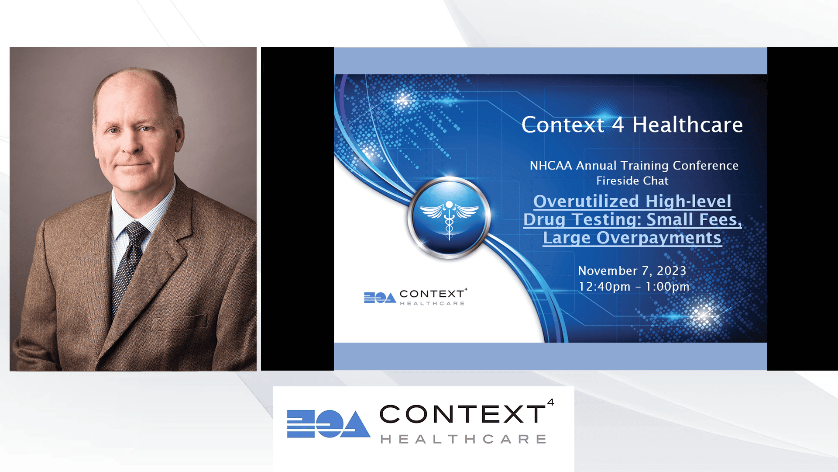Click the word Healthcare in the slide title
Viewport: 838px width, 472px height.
pyautogui.click(x=687, y=125)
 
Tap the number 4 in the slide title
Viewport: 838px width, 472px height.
pyautogui.click(x=618, y=125)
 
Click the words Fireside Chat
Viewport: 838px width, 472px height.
pyautogui.click(x=632, y=180)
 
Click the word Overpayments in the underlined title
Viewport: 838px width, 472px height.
pyautogui.click(x=659, y=238)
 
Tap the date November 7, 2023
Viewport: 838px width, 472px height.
pyautogui.click(x=632, y=271)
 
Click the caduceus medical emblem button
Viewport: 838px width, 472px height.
pyautogui.click(x=449, y=217)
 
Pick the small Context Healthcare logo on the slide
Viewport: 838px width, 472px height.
pyautogui.click(x=416, y=297)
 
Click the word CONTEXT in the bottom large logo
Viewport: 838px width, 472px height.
pyautogui.click(x=463, y=414)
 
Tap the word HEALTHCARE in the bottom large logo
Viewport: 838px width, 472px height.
pyautogui.click(x=464, y=439)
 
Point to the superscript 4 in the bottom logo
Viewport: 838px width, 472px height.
pyautogui.click(x=551, y=402)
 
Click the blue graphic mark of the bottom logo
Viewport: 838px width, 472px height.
pyautogui.click(x=328, y=423)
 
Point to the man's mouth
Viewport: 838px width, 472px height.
pyautogui.click(x=130, y=166)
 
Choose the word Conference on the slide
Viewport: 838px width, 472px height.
pyautogui.click(x=706, y=166)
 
